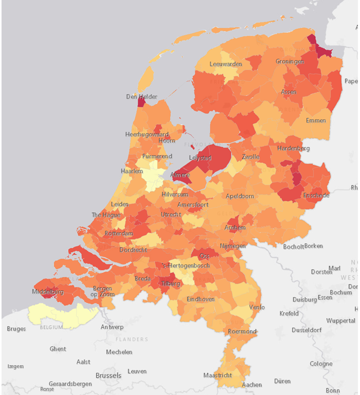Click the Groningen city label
click(x=290, y=62)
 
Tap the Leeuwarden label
click(x=226, y=64)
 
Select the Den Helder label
click(x=141, y=97)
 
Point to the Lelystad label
click(x=201, y=158)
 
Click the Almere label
click(x=180, y=175)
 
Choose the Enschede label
click(x=316, y=196)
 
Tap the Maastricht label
click(x=217, y=375)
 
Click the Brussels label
click(x=109, y=375)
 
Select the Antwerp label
click(x=112, y=327)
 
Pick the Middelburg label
click(x=47, y=292)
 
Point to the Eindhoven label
click(x=201, y=299)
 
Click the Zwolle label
click(x=251, y=157)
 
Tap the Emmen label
click(x=315, y=121)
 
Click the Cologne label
click(x=321, y=364)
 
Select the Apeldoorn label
click(x=240, y=196)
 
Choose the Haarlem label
click(x=132, y=171)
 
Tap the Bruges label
click(x=16, y=329)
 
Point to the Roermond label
click(x=242, y=332)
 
